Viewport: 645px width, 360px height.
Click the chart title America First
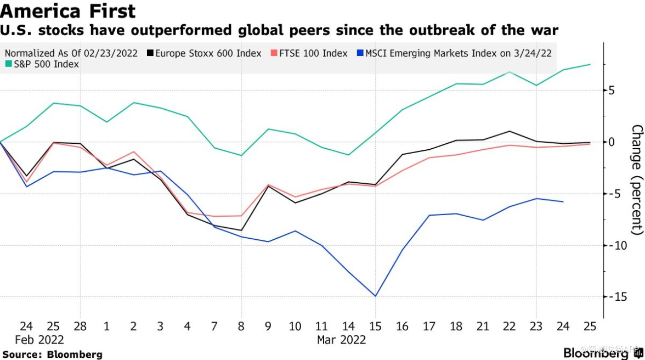(x=69, y=10)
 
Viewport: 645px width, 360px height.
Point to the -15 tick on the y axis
(x=618, y=296)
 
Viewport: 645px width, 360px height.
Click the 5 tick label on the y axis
(x=612, y=91)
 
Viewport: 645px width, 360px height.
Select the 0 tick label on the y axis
(x=612, y=142)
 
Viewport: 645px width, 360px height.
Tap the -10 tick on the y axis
(x=618, y=245)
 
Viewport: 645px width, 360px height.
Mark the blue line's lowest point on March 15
(x=376, y=296)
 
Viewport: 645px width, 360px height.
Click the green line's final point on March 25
(x=590, y=64)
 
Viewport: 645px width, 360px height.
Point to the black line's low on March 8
(x=241, y=230)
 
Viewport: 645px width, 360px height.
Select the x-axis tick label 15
(x=376, y=327)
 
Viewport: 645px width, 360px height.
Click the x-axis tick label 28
(x=80, y=327)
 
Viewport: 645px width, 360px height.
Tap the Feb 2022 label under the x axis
(x=39, y=340)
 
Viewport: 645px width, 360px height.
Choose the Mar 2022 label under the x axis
(x=341, y=340)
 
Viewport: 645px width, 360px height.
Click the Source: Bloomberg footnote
(x=52, y=355)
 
